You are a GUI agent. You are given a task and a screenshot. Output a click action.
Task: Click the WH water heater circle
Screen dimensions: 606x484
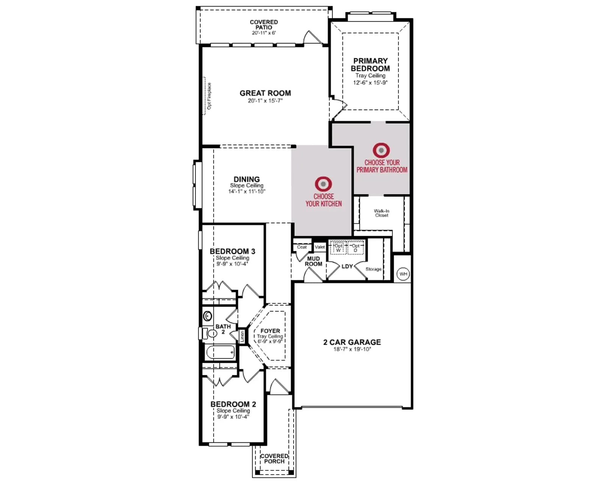[403, 274]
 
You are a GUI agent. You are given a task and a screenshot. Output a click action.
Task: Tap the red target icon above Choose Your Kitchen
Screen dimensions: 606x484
[323, 184]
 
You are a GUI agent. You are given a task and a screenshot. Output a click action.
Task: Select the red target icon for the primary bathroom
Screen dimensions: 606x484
[381, 150]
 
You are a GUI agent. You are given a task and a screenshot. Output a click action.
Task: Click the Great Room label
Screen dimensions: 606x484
[265, 93]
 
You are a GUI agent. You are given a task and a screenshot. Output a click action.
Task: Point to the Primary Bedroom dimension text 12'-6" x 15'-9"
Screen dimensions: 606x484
[370, 83]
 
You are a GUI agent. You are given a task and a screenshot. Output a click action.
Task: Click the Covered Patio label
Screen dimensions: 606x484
[264, 25]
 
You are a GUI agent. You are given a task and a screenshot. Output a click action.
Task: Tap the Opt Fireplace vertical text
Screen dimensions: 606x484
[209, 96]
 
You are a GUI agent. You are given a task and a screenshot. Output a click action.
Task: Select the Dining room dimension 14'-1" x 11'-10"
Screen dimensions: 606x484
[247, 191]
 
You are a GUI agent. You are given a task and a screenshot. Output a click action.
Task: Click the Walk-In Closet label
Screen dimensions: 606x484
[381, 213]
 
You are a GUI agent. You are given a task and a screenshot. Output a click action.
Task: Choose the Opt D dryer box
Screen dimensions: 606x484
[355, 248]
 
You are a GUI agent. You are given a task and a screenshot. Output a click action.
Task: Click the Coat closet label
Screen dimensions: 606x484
[301, 247]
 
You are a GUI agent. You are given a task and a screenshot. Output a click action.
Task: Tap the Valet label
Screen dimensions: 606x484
[320, 247]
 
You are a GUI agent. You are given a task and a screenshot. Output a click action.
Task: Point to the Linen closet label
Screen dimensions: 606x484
[242, 337]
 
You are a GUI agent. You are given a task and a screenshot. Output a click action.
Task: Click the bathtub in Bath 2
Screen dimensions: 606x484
[220, 352]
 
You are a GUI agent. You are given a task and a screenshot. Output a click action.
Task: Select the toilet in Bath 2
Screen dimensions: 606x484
[210, 334]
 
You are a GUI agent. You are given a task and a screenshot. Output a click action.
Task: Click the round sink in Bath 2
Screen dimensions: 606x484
[208, 316]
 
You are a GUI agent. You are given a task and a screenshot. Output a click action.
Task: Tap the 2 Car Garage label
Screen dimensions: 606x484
[352, 342]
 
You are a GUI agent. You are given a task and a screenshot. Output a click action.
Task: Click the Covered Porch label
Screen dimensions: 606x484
[274, 459]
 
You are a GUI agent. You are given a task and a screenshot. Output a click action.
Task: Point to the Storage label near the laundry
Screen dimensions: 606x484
[373, 269]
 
